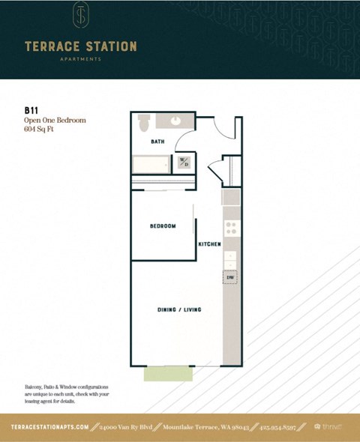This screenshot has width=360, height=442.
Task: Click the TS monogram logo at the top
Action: coord(81,16)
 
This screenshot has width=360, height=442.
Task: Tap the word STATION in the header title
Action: coord(110,46)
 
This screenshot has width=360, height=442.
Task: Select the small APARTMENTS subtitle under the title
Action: coord(81,59)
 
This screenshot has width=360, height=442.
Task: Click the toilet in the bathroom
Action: coord(144,122)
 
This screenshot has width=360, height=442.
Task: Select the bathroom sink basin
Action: coord(175,121)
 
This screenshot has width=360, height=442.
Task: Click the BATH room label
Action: coord(157,141)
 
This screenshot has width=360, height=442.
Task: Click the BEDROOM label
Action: coord(163,225)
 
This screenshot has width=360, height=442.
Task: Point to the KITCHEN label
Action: coord(208,245)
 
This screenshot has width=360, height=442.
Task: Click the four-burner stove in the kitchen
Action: coord(231,228)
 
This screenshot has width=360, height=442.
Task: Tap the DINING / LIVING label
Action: coord(178,309)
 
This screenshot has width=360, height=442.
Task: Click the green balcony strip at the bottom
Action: coord(167,374)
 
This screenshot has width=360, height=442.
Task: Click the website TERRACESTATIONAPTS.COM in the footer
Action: coord(51,426)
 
